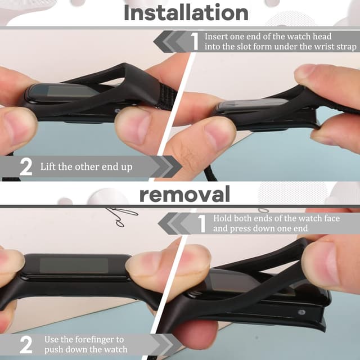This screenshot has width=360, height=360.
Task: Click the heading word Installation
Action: tap(186, 12)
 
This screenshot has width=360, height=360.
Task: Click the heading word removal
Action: tap(184, 194)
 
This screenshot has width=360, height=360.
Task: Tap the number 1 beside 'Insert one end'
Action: tap(195, 41)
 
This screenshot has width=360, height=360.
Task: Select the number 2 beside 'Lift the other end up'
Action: tap(26, 167)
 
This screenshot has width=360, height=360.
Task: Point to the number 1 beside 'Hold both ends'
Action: tap(202, 223)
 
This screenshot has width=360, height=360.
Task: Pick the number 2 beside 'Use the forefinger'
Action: tap(26, 345)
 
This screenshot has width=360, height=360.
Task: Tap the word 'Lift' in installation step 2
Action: tap(48, 166)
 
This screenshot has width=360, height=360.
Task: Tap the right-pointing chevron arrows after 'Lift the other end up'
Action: tap(166, 166)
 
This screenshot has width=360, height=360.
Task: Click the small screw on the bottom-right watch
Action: tap(301, 312)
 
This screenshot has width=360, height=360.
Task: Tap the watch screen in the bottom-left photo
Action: tap(74, 265)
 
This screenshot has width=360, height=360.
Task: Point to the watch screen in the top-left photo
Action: tap(66, 92)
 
